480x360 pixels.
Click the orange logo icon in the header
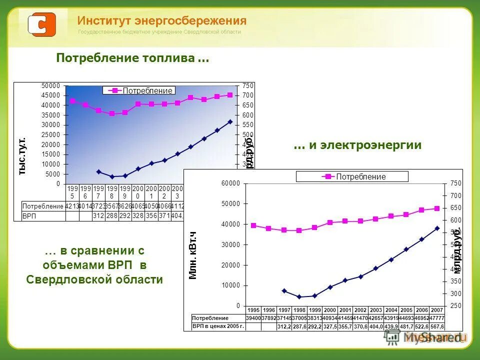tap(41, 24)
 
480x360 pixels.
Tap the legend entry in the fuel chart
tap(139, 90)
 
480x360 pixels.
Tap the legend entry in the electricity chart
tap(352, 176)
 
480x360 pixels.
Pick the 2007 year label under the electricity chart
tap(436, 310)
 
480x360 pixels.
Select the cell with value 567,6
tap(436, 326)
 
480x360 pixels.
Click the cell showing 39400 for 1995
tap(253, 318)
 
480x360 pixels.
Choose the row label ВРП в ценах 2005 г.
tap(218, 326)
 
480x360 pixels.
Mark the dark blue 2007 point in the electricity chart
tap(437, 228)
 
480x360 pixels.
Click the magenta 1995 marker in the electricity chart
tap(253, 225)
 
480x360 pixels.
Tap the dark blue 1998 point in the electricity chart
tap(299, 297)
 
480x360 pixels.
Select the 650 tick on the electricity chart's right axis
tap(450, 208)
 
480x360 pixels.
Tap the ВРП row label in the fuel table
tap(29, 216)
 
